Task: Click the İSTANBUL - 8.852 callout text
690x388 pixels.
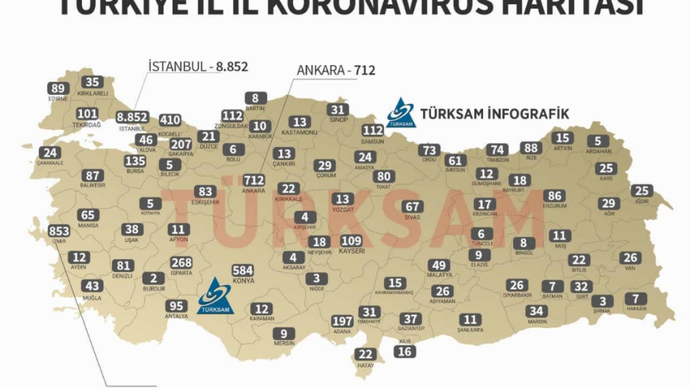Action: [198, 66]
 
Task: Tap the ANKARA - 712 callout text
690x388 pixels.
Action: [336, 70]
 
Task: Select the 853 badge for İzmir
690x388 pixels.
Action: [59, 231]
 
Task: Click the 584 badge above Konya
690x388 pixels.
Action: [243, 271]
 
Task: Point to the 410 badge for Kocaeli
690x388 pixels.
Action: [170, 120]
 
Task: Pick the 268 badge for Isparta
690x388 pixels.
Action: [181, 262]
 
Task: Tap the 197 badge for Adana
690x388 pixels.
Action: [342, 322]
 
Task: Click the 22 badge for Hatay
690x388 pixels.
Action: [366, 354]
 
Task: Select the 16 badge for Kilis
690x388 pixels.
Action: [405, 352]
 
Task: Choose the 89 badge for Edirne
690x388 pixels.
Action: [59, 89]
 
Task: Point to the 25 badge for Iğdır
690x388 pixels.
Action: [641, 191]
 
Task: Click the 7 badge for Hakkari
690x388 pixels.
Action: [636, 299]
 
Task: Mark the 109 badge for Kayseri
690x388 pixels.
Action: [351, 241]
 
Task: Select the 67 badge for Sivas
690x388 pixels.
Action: [412, 206]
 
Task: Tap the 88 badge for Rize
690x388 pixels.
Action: [531, 148]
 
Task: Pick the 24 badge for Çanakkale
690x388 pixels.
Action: [50, 153]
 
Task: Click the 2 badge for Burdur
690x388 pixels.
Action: [154, 278]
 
